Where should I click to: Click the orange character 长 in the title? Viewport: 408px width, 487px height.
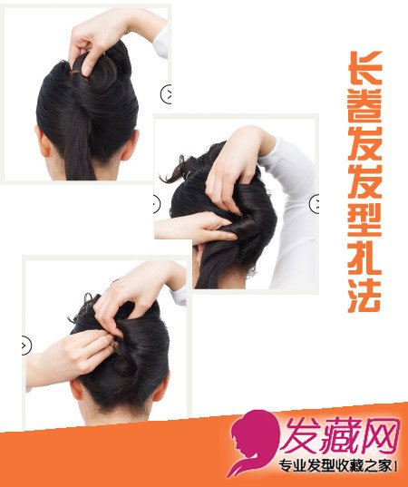[365, 67]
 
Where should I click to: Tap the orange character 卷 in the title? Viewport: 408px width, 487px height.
[365, 106]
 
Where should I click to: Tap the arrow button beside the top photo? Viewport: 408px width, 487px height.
[167, 93]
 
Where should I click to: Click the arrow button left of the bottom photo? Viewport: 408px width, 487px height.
[26, 346]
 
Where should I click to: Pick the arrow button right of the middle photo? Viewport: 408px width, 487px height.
[315, 204]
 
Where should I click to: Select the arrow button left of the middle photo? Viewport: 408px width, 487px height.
[157, 204]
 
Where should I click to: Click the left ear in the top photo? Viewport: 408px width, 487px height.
[43, 142]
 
